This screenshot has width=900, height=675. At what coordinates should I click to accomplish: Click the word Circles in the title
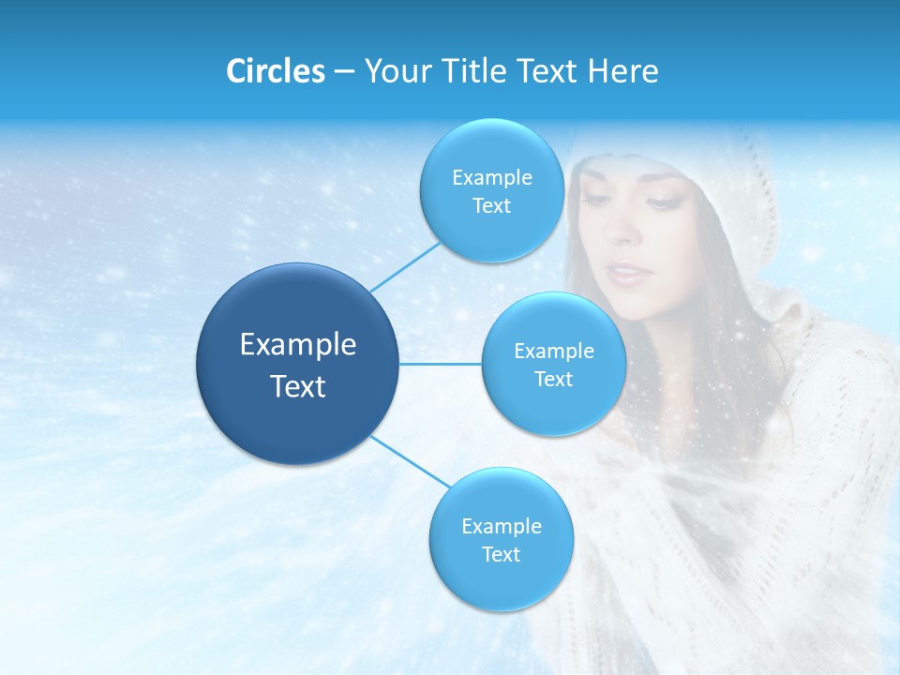pos(276,71)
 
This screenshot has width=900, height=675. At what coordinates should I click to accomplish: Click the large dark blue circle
pos(297,363)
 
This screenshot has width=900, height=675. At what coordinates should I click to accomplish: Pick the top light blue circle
pos(491,191)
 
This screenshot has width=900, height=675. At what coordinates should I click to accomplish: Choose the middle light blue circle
pos(553,364)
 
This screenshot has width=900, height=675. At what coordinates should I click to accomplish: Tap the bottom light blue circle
pos(501,539)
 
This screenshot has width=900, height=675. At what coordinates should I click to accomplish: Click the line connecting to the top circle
pos(405,266)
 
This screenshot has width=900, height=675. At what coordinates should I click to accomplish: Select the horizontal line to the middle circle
pos(441,364)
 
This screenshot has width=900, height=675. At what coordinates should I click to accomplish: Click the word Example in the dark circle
pos(298,345)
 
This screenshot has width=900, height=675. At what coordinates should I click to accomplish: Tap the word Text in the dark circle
pos(298,386)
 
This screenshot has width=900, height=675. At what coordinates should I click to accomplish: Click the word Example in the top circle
pos(491,178)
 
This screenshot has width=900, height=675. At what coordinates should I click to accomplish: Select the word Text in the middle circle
pos(553,379)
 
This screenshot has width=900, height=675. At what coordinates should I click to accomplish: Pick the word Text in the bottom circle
pos(501,554)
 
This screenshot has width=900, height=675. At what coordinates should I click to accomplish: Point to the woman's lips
pos(625,273)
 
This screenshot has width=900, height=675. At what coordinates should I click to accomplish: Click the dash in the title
pos(344,72)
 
